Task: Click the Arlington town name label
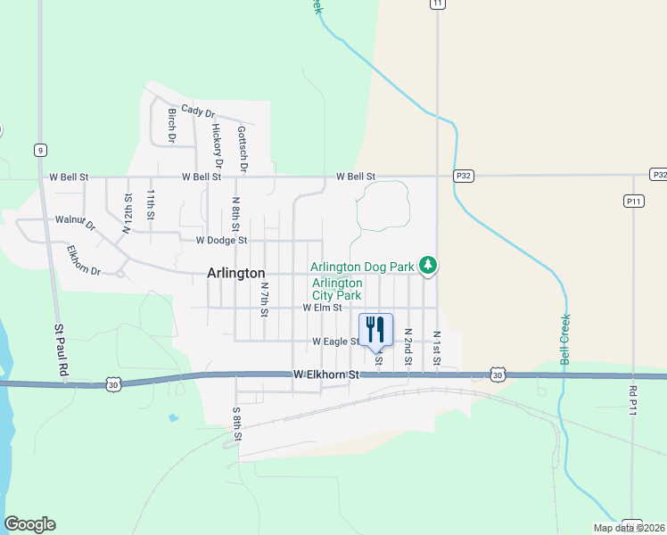point(235,274)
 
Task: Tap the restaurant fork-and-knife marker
point(375,329)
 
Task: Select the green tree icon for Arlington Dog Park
point(429,266)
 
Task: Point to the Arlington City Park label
point(337,289)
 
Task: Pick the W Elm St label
point(322,307)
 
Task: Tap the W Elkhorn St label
point(325,375)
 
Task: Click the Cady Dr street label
point(198,111)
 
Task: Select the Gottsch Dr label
point(242,147)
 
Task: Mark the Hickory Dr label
point(217,140)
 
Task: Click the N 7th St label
point(264,300)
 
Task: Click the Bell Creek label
point(564,339)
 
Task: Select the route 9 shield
point(40,150)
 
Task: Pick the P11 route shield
point(633,202)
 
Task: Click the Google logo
point(29,524)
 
